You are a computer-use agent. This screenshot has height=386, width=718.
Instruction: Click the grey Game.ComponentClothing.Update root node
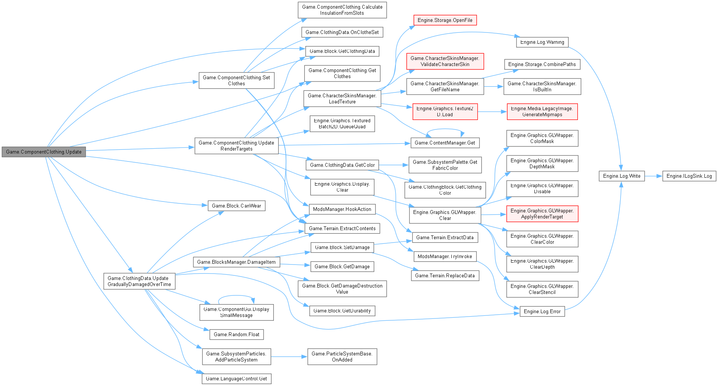click(x=44, y=152)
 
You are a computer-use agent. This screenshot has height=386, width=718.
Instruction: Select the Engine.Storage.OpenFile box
click(x=445, y=20)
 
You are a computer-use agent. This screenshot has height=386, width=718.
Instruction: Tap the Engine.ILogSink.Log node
click(x=689, y=176)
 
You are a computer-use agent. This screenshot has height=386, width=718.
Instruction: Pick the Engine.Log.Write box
click(x=621, y=176)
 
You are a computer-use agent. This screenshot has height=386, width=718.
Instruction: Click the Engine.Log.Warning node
click(x=542, y=42)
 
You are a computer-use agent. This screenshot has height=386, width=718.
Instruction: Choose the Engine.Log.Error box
click(x=542, y=311)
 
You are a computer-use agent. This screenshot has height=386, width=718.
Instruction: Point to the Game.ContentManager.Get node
click(x=445, y=143)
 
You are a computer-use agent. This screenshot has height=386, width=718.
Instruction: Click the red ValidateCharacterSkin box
click(x=445, y=61)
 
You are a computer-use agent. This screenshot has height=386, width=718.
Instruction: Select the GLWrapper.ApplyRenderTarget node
click(x=542, y=214)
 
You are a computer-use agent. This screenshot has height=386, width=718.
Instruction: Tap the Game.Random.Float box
click(x=236, y=334)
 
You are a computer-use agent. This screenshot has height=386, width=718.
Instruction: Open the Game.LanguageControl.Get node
click(x=236, y=378)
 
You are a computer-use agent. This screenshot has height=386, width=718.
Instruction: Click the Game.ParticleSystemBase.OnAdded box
click(x=342, y=357)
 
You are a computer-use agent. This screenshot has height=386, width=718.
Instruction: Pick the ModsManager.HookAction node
click(x=342, y=209)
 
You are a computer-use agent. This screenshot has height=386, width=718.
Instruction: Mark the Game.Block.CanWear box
click(x=236, y=206)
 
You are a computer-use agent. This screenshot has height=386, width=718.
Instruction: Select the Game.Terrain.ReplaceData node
click(x=445, y=275)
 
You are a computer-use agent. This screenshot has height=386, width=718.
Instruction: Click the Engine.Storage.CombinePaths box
click(x=542, y=64)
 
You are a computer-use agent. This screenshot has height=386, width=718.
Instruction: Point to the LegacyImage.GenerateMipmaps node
click(x=542, y=111)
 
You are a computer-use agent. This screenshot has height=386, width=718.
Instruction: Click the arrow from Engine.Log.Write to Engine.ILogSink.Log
click(x=653, y=176)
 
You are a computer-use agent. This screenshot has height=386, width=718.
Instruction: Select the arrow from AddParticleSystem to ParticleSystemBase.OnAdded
click(x=289, y=357)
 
